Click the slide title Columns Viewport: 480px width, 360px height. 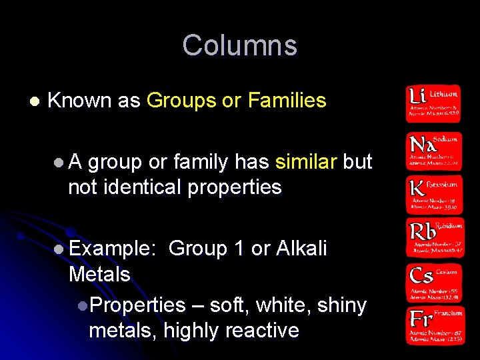[x=239, y=45]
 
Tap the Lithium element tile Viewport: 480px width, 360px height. [x=433, y=103]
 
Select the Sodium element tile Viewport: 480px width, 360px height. [x=433, y=150]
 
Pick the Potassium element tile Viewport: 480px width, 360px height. [x=433, y=193]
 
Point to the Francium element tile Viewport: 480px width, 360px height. [x=433, y=325]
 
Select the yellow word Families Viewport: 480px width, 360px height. [x=287, y=101]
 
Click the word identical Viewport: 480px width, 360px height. [x=148, y=187]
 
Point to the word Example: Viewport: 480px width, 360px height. [x=112, y=249]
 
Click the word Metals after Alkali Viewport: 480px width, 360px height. [x=99, y=274]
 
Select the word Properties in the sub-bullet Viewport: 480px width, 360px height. [x=137, y=305]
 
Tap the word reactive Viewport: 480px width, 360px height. [x=262, y=330]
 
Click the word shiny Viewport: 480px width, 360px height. [x=342, y=305]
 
